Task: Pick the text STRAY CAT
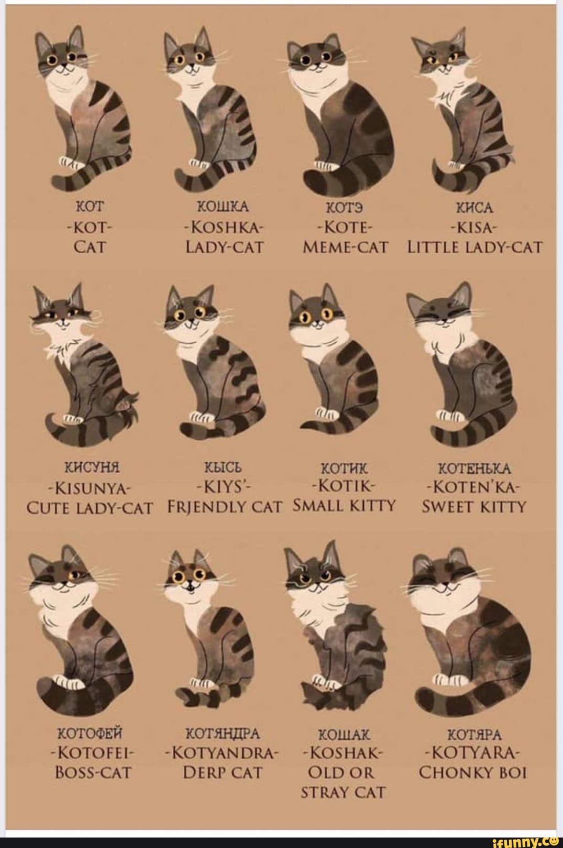click(343, 792)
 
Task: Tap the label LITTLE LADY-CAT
click(474, 247)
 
